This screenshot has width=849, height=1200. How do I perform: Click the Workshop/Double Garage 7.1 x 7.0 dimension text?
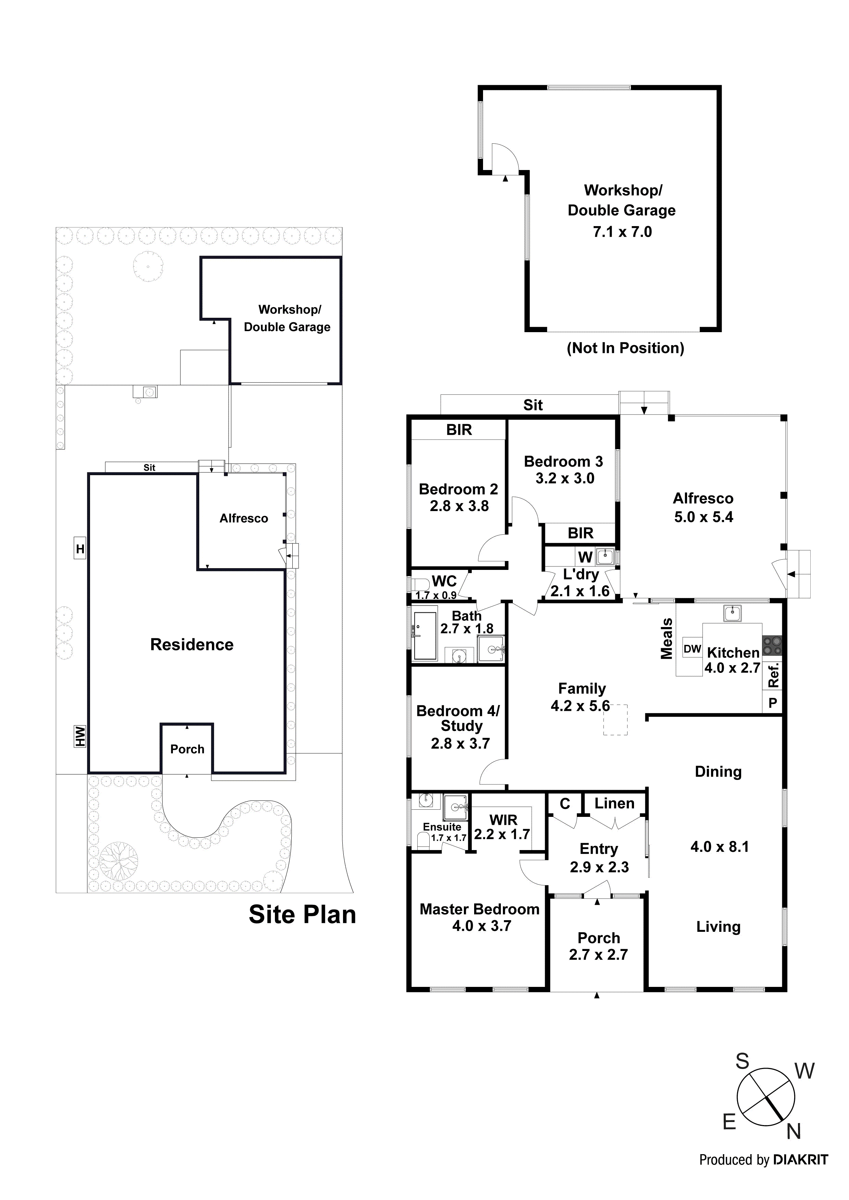tap(622, 232)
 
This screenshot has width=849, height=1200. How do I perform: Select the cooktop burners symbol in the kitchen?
tap(772, 645)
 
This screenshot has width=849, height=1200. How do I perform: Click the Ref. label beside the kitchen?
tap(774, 675)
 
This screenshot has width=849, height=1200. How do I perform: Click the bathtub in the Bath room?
tap(425, 636)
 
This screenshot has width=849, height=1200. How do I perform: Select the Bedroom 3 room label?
tap(563, 461)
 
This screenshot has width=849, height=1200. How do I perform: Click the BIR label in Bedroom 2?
tap(459, 430)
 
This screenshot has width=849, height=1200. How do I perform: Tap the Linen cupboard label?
tap(614, 803)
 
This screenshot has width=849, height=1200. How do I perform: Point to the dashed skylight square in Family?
tap(615, 720)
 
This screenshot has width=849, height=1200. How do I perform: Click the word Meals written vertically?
tap(666, 639)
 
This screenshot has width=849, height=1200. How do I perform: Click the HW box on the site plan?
tap(79, 736)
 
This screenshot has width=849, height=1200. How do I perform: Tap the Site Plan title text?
tap(302, 915)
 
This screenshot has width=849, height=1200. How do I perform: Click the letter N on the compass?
tap(794, 1132)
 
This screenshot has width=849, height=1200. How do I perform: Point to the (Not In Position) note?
tap(625, 348)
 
